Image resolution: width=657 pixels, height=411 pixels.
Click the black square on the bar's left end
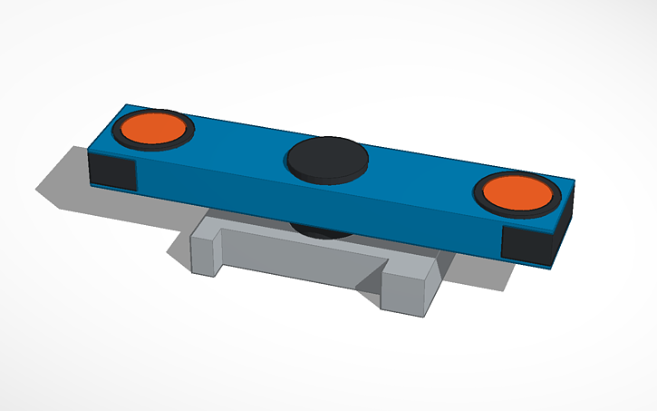pyautogui.click(x=113, y=170)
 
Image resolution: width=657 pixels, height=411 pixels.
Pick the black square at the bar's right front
pyautogui.click(x=527, y=242)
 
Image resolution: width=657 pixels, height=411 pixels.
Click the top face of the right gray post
pyautogui.click(x=413, y=268)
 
